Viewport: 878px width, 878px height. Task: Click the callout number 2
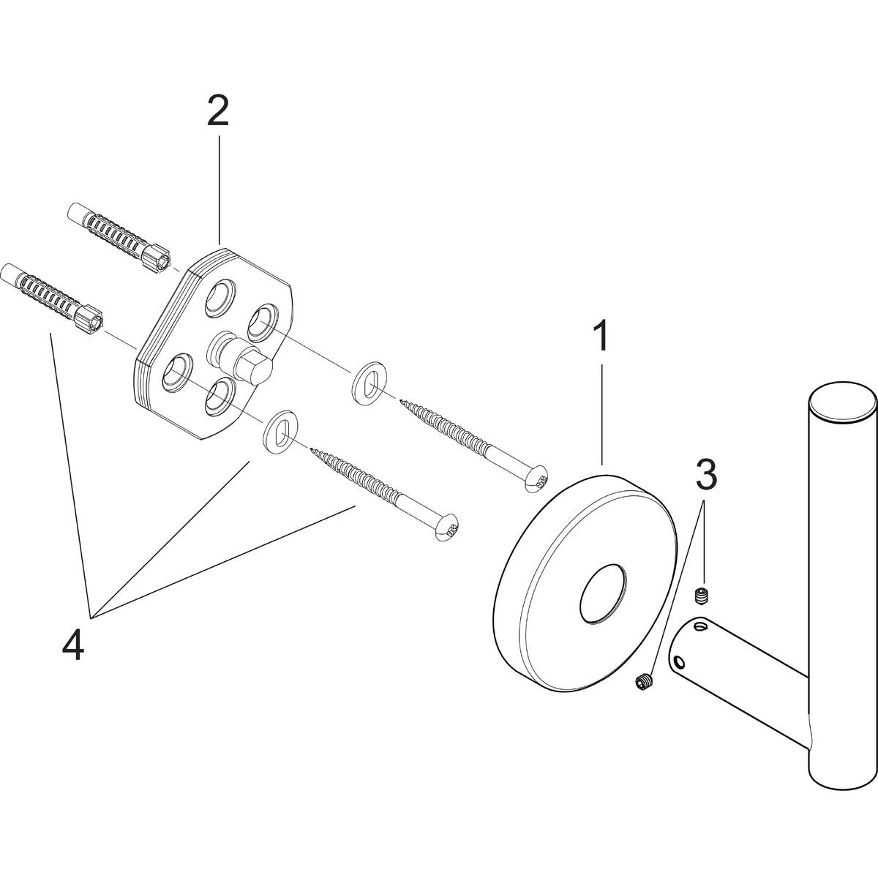pyautogui.click(x=217, y=110)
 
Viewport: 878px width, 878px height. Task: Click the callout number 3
pyautogui.click(x=704, y=476)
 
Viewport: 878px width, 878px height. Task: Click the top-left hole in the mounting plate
pyautogui.click(x=220, y=297)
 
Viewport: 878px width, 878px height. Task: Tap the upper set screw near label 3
pyautogui.click(x=702, y=596)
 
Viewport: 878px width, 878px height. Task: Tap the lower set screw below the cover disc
pyautogui.click(x=644, y=681)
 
